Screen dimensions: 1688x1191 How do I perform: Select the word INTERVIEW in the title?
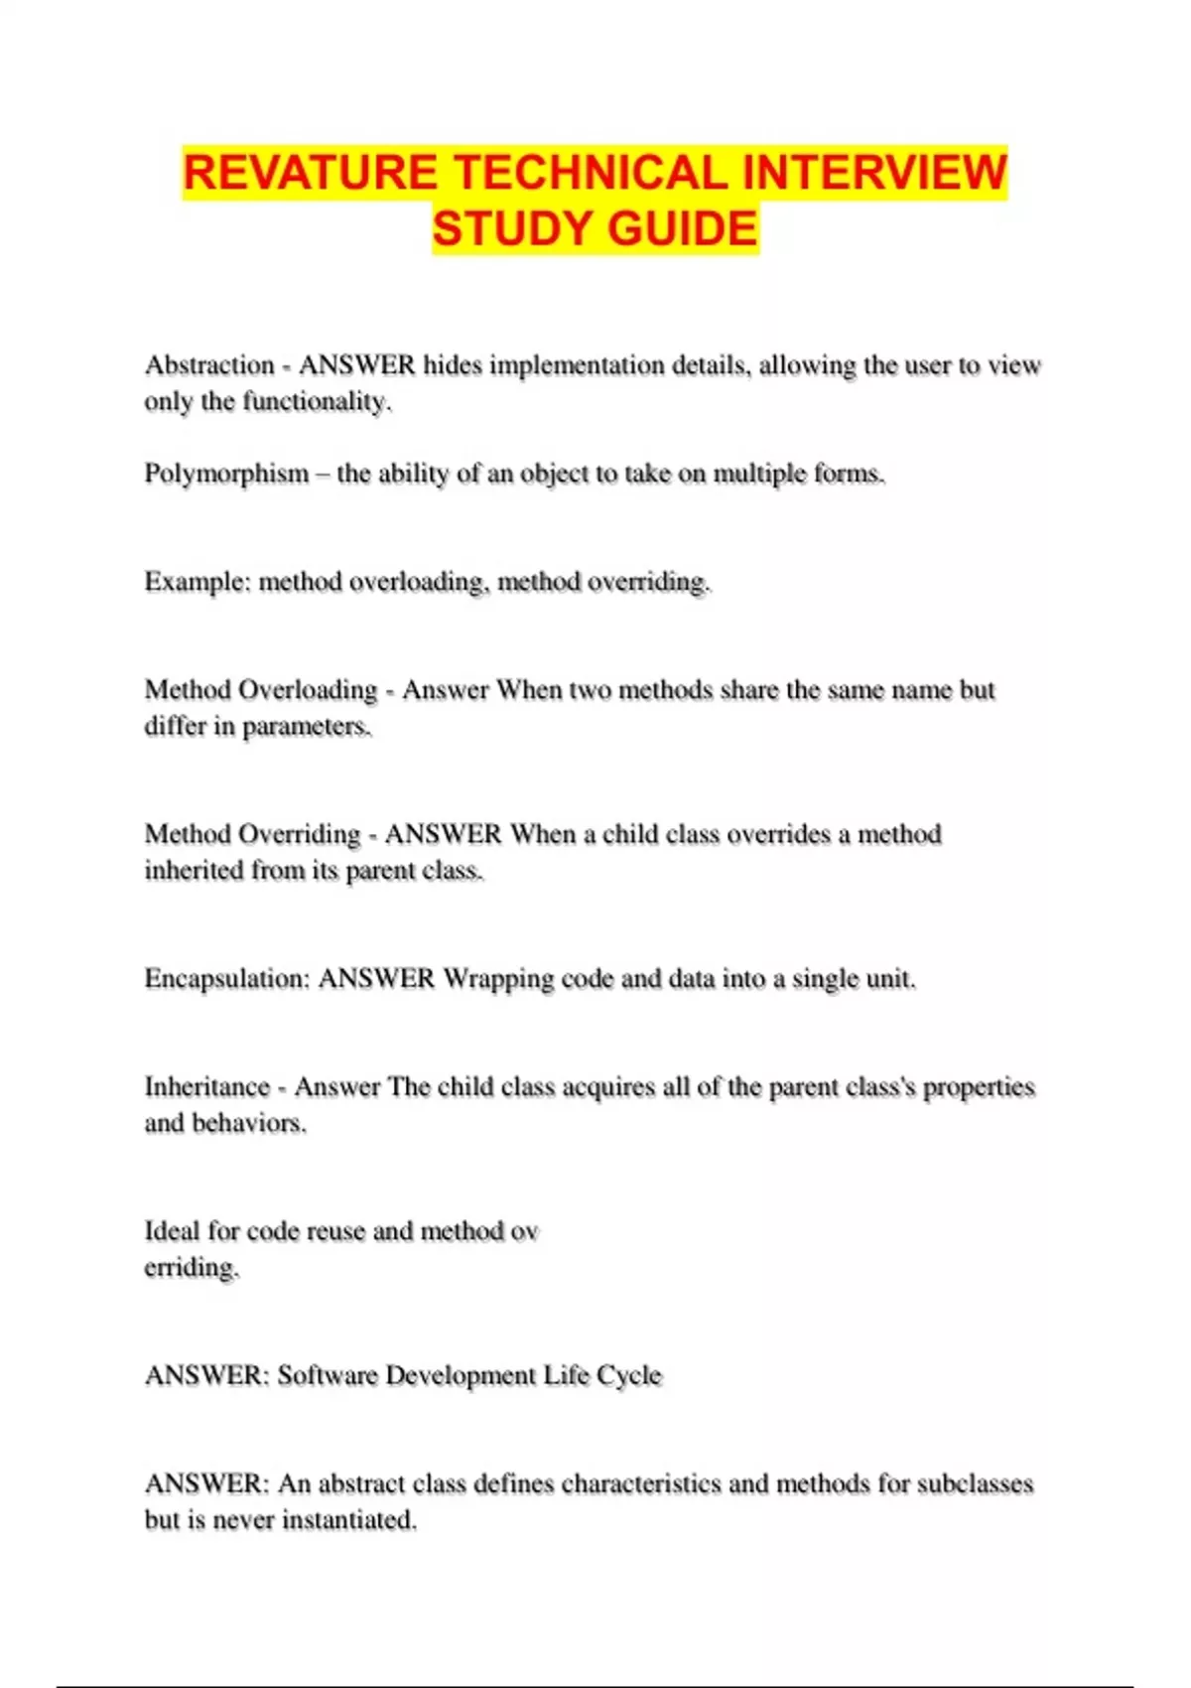tap(873, 173)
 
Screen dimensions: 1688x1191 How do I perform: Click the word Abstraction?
tap(209, 365)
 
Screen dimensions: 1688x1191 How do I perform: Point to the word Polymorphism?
tap(226, 474)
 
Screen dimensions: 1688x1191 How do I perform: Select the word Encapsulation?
tap(227, 979)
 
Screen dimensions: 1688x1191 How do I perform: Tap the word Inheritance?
tap(206, 1087)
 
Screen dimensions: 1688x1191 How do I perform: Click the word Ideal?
tap(172, 1231)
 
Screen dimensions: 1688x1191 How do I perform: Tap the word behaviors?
tap(248, 1123)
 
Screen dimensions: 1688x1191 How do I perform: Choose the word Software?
tap(327, 1375)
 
